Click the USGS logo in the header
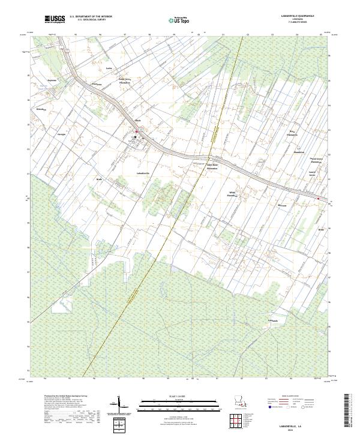[x=55, y=20]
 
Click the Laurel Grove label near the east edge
[x=312, y=175]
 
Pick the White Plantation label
[x=232, y=193]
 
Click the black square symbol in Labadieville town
[x=136, y=137]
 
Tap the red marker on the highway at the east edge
[x=318, y=198]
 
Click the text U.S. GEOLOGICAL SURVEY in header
[x=90, y=20]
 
